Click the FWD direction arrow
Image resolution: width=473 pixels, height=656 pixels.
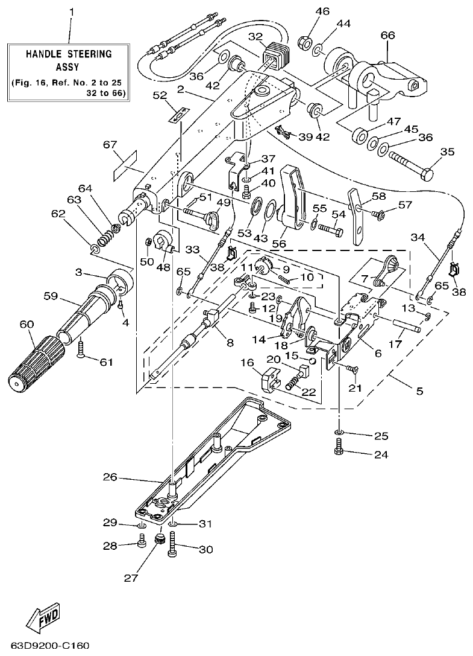point(42,619)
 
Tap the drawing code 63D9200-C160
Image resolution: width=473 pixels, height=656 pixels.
point(45,646)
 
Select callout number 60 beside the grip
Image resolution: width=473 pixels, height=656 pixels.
point(27,324)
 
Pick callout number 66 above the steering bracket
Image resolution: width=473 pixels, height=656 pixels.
point(387,36)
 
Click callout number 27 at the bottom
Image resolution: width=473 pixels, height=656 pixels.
point(132,578)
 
